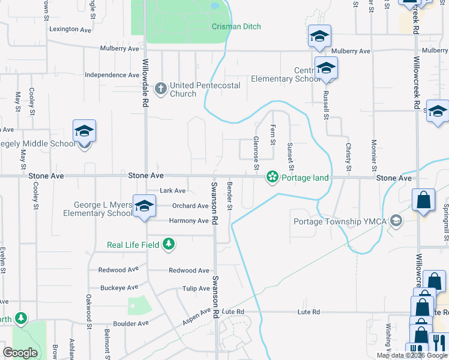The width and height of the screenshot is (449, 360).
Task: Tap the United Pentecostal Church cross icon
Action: point(160,89)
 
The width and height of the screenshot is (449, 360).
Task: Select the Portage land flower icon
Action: point(273,178)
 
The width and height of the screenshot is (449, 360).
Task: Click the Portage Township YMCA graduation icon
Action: point(396,221)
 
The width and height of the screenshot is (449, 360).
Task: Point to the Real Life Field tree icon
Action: point(170,244)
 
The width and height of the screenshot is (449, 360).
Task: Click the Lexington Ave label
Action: point(71,29)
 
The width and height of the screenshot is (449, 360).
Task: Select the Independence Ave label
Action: point(112,75)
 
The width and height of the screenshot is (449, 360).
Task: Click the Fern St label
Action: point(273,134)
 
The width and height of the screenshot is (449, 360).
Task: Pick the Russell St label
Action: point(326,106)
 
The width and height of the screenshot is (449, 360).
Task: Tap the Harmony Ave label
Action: point(188,221)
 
